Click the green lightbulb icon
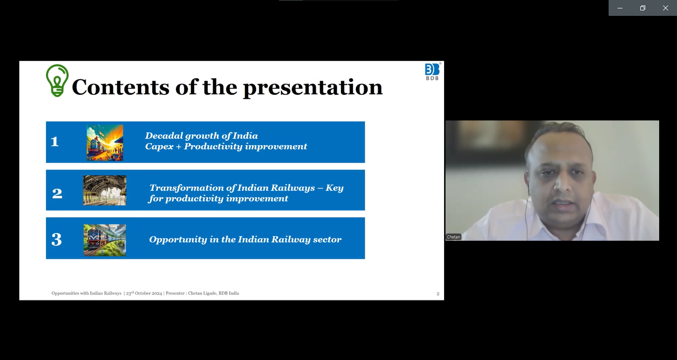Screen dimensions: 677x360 tap(57, 80)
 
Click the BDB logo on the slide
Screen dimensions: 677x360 tap(432, 72)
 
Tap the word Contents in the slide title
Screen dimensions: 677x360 tap(120, 87)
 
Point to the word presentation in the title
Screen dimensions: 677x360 tap(313, 88)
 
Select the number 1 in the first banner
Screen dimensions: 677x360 tap(55, 141)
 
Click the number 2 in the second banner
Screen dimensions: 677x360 tap(57, 193)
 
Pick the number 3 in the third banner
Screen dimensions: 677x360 tap(56, 240)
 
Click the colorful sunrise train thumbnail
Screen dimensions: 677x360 tap(105, 142)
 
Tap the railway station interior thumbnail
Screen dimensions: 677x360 tap(105, 190)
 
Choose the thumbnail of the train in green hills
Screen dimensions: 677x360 tap(105, 240)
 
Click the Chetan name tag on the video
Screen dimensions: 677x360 tap(453, 237)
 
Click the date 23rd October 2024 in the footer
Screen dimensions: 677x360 tap(144, 293)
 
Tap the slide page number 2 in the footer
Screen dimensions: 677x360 tap(438, 294)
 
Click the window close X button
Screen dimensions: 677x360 tap(666, 8)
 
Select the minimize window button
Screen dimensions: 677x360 tap(620, 8)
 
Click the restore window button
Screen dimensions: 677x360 tap(642, 8)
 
